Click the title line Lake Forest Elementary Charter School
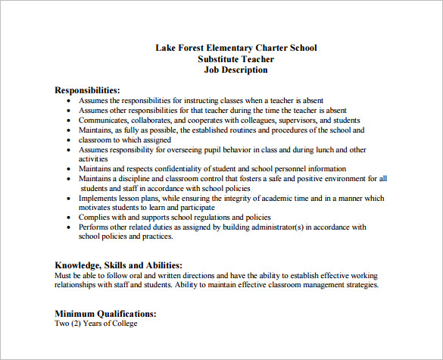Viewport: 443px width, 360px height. click(236, 48)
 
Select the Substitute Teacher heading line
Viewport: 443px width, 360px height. click(236, 59)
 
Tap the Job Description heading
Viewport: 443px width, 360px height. click(236, 70)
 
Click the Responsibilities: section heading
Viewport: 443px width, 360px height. click(87, 89)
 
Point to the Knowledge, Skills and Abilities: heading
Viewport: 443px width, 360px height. click(118, 265)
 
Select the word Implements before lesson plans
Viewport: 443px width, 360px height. click(102, 198)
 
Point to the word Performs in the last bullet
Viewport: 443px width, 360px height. click(95, 227)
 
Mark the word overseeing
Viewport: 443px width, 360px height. click(201, 149)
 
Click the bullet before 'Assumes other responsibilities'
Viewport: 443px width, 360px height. click(70, 110)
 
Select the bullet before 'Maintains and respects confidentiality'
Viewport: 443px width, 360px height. click(70, 169)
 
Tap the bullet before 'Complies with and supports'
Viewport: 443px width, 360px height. click(70, 218)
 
